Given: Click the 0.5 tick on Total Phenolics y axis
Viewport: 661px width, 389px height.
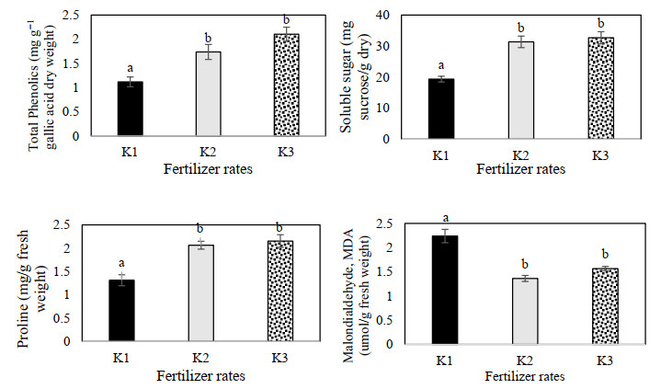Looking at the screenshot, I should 86,112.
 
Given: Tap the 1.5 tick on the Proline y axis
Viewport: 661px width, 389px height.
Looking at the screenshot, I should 86,271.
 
